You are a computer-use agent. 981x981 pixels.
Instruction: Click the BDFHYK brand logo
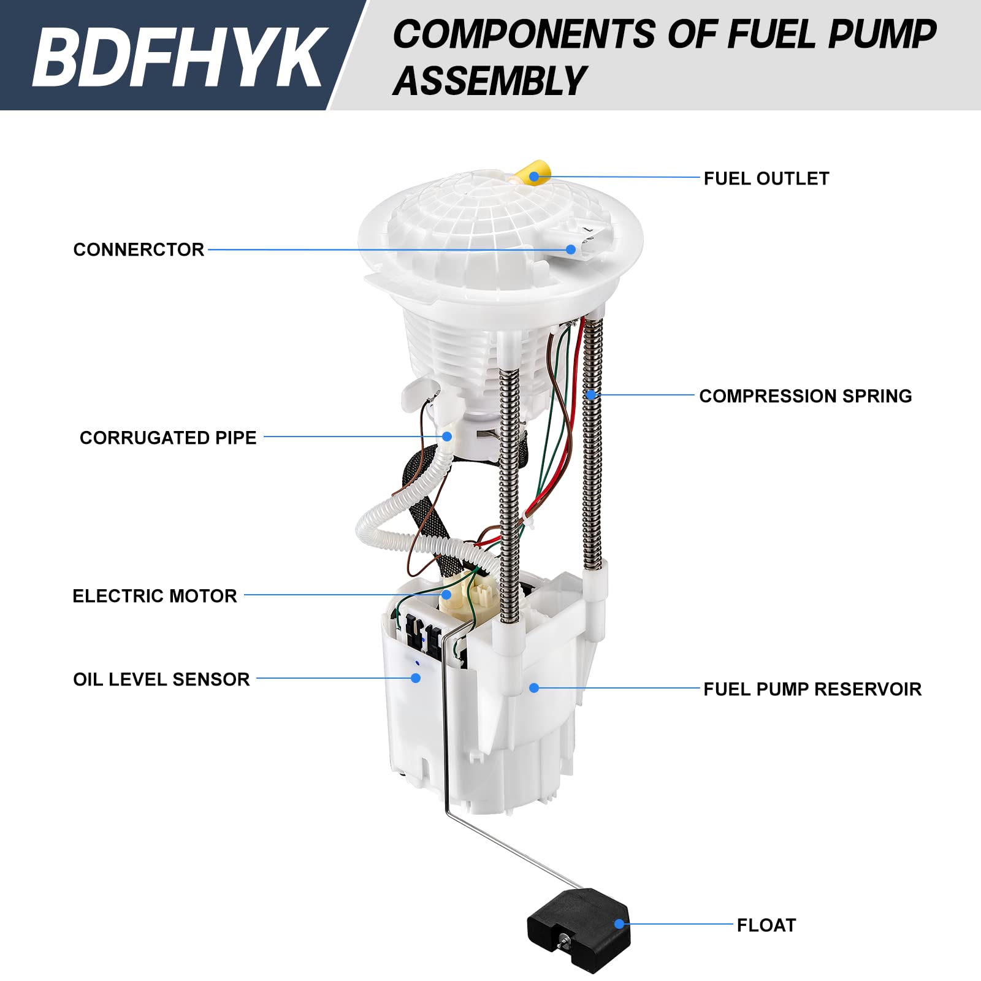tap(178, 56)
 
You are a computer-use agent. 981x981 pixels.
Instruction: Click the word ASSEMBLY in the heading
tap(489, 81)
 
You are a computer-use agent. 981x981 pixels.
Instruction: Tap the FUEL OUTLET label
tap(766, 178)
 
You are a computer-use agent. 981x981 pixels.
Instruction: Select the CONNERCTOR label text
tap(139, 250)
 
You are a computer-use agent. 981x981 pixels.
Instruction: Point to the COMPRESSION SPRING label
tap(805, 396)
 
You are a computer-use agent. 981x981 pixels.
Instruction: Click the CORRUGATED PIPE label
tap(168, 438)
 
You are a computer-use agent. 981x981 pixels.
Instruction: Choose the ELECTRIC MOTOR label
tap(155, 596)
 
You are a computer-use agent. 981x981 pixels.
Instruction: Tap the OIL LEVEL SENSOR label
tap(161, 679)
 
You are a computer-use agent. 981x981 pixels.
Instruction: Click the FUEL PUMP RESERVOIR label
tap(812, 689)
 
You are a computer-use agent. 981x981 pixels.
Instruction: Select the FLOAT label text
tap(766, 925)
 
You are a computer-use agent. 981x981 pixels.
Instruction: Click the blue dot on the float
tap(619, 924)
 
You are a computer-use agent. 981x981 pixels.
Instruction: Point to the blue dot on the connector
tap(571, 250)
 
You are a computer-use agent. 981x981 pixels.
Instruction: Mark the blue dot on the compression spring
tap(590, 395)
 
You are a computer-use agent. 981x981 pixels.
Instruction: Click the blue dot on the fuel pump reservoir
tap(534, 688)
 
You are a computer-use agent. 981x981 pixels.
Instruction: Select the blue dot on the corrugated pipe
tap(447, 437)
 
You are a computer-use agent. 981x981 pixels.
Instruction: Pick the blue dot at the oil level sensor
tap(416, 678)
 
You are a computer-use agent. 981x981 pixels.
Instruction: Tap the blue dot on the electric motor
tap(446, 594)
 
